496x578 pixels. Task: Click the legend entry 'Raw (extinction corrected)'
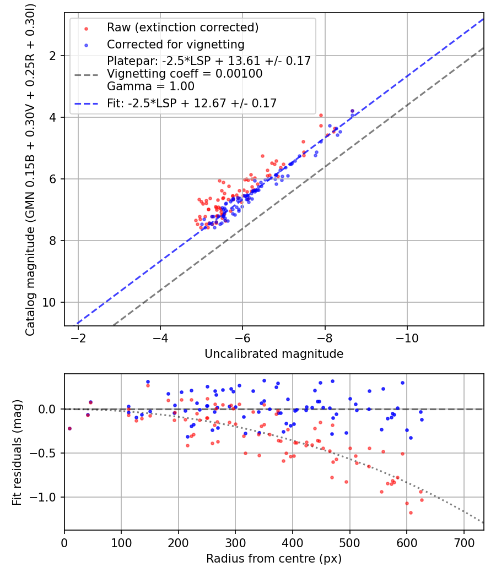(x=182, y=28)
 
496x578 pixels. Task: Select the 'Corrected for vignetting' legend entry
(x=175, y=44)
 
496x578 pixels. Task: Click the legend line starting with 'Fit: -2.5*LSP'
(x=191, y=103)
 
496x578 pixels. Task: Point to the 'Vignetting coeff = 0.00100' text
(x=185, y=74)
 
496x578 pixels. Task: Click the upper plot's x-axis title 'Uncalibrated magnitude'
(x=274, y=354)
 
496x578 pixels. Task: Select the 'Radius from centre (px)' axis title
(x=274, y=559)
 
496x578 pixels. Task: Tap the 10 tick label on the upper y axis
(x=51, y=302)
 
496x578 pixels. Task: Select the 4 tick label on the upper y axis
(x=54, y=117)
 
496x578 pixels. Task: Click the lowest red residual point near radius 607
(x=411, y=512)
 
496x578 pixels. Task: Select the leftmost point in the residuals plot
(x=69, y=428)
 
